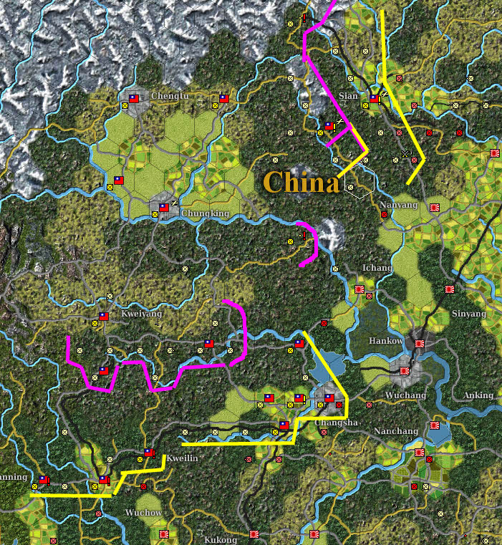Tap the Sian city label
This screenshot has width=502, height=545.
349,96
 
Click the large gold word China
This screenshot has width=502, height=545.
301,183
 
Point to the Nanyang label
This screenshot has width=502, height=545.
397,204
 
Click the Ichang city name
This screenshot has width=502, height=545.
377,268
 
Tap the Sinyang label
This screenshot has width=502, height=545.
468,314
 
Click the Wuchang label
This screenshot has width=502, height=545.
405,395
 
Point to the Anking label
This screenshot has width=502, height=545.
478,395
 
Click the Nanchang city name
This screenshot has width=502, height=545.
395,431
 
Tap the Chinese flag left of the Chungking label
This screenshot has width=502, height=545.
164,208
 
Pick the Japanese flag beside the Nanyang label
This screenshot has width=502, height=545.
434,207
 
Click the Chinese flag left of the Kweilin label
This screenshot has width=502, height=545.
149,453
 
